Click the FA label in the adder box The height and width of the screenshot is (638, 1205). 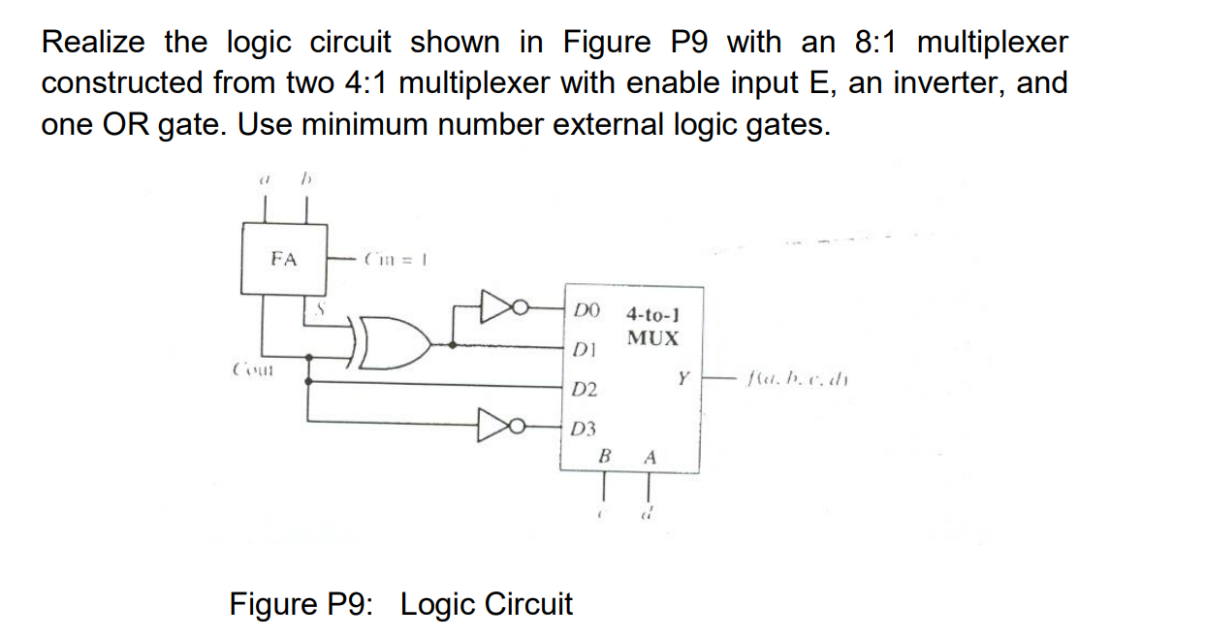pyautogui.click(x=283, y=259)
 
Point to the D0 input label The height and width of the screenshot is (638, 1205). pyautogui.click(x=587, y=310)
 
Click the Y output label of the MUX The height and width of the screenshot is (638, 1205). pyautogui.click(x=682, y=377)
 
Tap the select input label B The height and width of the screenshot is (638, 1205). pyautogui.click(x=605, y=456)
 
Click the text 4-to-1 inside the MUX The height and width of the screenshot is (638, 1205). pyautogui.click(x=652, y=314)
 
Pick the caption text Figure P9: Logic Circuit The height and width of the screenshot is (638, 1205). pyautogui.click(x=400, y=604)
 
